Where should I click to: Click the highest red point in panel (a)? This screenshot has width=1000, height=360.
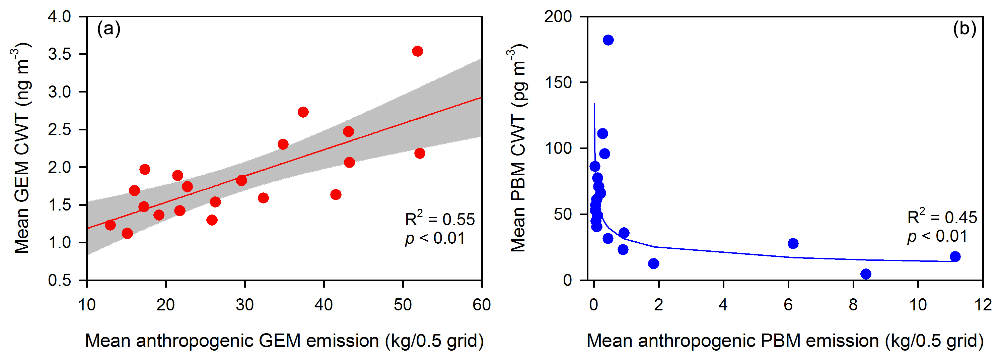pyautogui.click(x=417, y=51)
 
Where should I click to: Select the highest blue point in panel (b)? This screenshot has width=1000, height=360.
pyautogui.click(x=608, y=40)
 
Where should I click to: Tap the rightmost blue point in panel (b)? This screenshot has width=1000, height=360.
pyautogui.click(x=955, y=256)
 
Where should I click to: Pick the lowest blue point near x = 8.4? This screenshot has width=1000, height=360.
pyautogui.click(x=866, y=274)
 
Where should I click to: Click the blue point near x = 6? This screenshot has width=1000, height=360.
pyautogui.click(x=793, y=243)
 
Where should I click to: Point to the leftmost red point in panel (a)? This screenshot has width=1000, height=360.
pyautogui.click(x=110, y=225)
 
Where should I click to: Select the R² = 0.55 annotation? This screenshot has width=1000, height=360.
pyautogui.click(x=439, y=219)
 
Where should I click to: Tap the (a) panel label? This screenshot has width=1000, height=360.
pyautogui.click(x=109, y=29)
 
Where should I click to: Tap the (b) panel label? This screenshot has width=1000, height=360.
pyautogui.click(x=964, y=29)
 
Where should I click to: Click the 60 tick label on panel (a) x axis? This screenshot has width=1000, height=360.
pyautogui.click(x=481, y=305)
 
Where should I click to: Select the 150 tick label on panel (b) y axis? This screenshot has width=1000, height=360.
pyautogui.click(x=558, y=82)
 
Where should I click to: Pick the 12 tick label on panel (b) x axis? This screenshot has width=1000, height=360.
pyautogui.click(x=983, y=305)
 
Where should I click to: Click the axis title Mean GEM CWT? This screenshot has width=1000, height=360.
pyautogui.click(x=21, y=147)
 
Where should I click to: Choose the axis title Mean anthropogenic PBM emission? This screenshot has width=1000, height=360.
pyautogui.click(x=785, y=341)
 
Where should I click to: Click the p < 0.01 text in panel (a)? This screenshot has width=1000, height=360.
pyautogui.click(x=435, y=238)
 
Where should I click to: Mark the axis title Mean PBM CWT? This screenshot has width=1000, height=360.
pyautogui.click(x=517, y=147)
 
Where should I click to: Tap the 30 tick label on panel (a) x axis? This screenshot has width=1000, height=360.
pyautogui.click(x=244, y=305)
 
